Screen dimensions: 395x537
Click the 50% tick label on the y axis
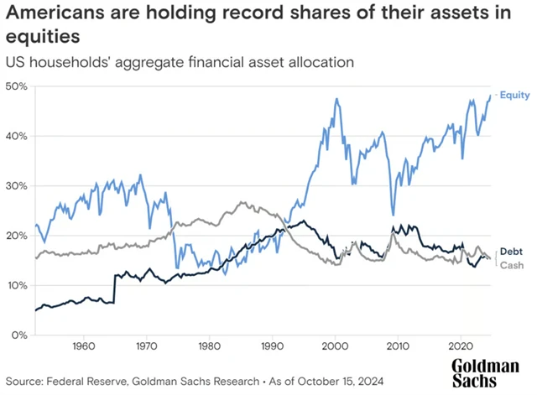(x=18, y=86)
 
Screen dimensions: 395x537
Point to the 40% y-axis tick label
(x=18, y=136)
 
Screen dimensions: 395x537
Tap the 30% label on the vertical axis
(x=18, y=185)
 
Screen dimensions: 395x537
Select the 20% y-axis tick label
(x=18, y=236)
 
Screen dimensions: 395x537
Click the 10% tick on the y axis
(x=18, y=285)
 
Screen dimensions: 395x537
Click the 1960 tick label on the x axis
(x=82, y=346)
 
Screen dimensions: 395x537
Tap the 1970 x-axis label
(x=146, y=346)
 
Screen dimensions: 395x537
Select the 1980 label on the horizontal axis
(x=209, y=346)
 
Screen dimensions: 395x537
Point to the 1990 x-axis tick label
(x=272, y=346)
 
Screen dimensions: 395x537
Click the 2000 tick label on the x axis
(x=335, y=346)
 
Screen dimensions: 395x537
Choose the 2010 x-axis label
(x=398, y=346)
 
